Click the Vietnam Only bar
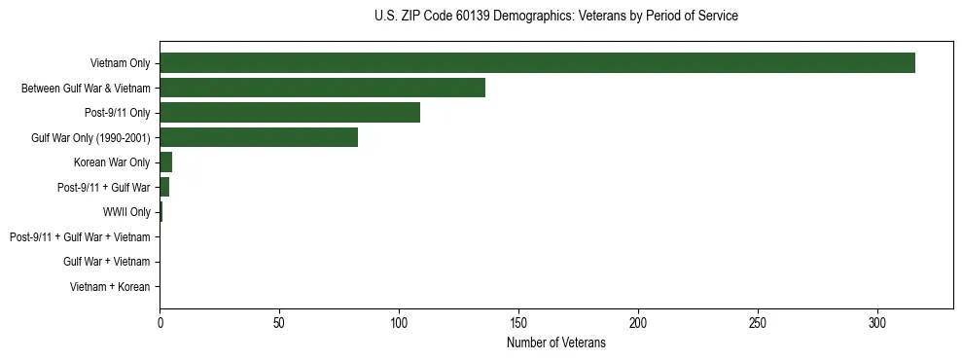tap(537, 62)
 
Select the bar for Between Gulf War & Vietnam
tap(322, 88)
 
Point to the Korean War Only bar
tap(166, 162)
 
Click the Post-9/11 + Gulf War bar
tap(164, 187)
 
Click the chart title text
tap(555, 17)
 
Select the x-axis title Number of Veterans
tap(555, 343)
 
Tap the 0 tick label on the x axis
tap(160, 322)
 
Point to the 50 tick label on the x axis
tap(279, 322)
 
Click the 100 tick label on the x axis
tap(399, 322)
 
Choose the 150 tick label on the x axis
tap(518, 322)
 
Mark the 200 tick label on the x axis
tap(638, 322)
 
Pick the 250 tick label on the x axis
tap(758, 322)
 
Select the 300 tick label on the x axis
tap(877, 322)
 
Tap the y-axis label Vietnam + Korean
tap(110, 287)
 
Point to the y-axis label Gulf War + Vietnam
tap(107, 262)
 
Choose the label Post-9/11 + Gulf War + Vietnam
tap(80, 236)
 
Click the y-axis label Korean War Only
tap(112, 162)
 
